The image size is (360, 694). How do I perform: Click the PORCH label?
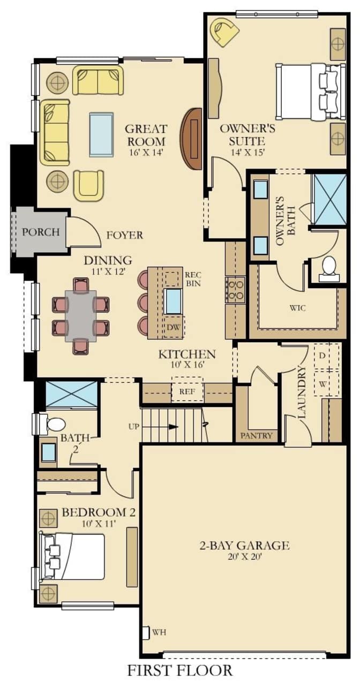click(41, 232)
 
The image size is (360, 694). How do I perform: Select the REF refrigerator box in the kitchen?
click(187, 391)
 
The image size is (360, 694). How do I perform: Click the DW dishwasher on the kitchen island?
click(174, 327)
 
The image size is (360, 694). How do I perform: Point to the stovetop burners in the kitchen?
click(235, 290)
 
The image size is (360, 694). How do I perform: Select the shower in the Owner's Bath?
click(329, 200)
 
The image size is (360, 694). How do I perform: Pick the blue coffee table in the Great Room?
click(101, 135)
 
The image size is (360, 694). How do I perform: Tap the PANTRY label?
click(256, 435)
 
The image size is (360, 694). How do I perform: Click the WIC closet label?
click(298, 308)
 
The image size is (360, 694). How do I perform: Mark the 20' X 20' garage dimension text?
click(245, 557)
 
